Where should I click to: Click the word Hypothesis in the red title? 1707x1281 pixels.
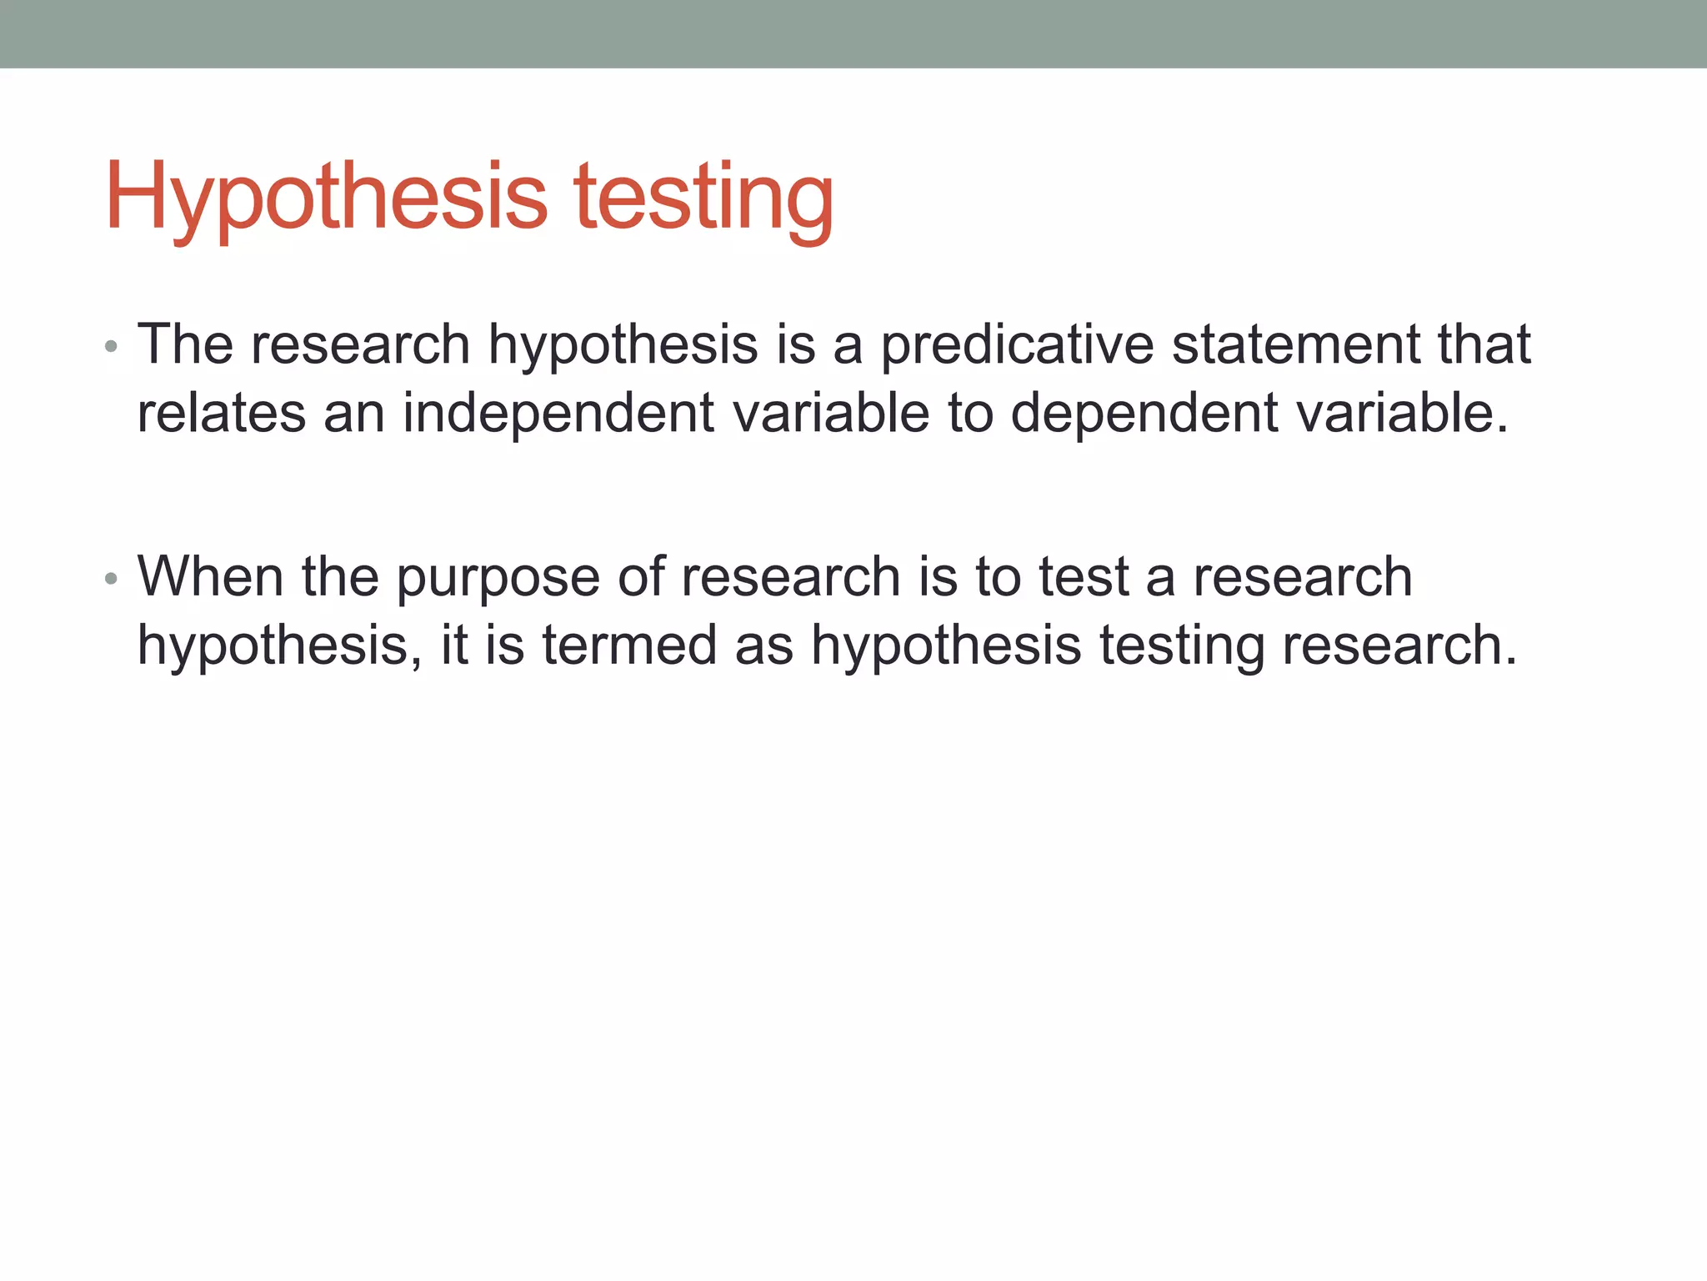326,197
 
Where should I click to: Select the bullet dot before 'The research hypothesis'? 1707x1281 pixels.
111,345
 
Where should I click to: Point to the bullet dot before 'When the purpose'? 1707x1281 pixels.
111,578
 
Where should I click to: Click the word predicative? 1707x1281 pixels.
1016,344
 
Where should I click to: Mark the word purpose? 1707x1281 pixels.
498,578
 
